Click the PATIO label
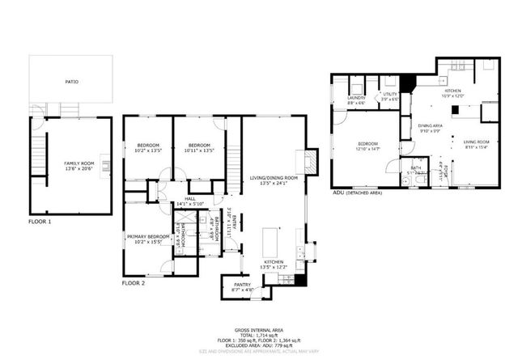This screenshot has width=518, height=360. click(72, 82)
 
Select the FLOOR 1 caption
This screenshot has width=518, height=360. click(40, 221)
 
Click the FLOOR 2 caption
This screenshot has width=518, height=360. click(134, 284)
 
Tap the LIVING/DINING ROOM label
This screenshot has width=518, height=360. click(273, 177)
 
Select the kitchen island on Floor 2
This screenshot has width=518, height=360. click(271, 241)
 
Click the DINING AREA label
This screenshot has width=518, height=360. click(430, 126)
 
